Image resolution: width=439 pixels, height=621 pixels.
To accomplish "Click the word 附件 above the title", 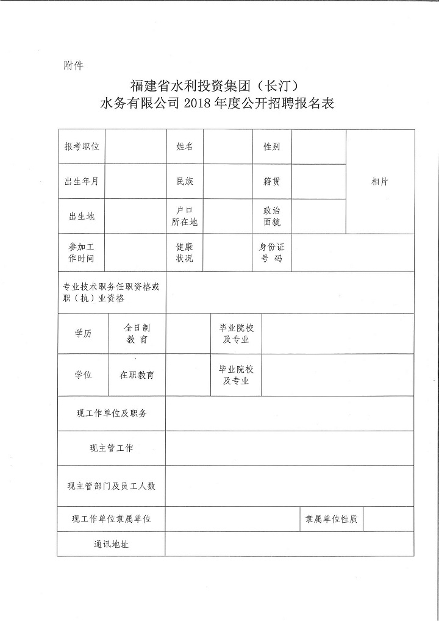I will coord(73,66).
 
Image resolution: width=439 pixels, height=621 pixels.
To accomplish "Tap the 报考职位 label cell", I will coord(82,147).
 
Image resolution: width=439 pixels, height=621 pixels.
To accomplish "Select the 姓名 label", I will coord(185,147).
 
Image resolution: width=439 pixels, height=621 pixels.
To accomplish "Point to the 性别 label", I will coord(272,147).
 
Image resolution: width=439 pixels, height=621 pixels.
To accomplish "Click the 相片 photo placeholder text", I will coord(380,182).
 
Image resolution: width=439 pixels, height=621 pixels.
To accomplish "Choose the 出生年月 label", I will coord(82,182).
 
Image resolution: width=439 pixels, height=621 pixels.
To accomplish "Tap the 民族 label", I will coord(185,182).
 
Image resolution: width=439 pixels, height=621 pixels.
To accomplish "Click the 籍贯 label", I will coord(272,182).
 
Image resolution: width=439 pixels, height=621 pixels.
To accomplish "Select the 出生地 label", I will coord(82,217).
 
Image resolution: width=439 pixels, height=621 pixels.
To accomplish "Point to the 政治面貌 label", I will coord(272,217).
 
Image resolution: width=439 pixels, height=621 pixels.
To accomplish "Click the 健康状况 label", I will coord(185,253).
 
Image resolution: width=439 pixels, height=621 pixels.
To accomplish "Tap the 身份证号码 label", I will coord(272,253).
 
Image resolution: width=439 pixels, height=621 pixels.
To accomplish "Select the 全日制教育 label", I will coord(137,334).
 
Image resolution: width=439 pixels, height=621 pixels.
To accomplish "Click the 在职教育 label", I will coord(137,375).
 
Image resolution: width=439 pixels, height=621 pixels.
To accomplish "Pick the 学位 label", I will coord(83,375).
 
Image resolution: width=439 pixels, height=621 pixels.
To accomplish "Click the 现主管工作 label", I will coord(111,449).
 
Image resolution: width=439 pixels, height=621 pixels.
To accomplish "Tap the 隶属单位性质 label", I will coord(331,519).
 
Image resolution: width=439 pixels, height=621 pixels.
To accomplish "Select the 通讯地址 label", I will coord(111,544).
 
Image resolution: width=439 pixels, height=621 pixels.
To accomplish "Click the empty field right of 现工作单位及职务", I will coord(290,414).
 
